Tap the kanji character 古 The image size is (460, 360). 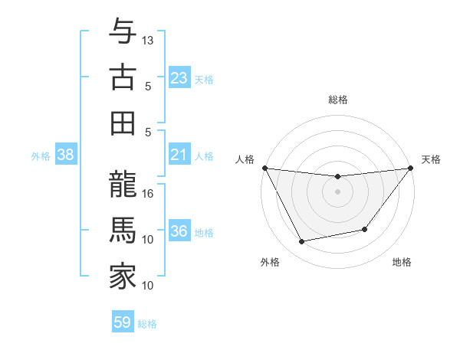pyautogui.click(x=123, y=77)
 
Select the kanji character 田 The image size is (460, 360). pyautogui.click(x=123, y=123)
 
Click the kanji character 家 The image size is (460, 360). pyautogui.click(x=123, y=277)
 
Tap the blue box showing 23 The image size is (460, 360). pyautogui.click(x=179, y=78)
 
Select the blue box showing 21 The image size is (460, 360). pyautogui.click(x=179, y=155)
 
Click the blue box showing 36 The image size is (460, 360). pyautogui.click(x=179, y=231)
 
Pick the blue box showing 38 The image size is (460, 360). pyautogui.click(x=66, y=155)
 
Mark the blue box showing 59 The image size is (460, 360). pyautogui.click(x=123, y=322)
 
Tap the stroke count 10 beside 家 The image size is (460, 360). pyautogui.click(x=149, y=286)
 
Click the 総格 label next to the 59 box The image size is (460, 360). pyautogui.click(x=147, y=324)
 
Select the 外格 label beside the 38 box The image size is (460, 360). pyautogui.click(x=41, y=156)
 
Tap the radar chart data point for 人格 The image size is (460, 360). pyautogui.click(x=265, y=168)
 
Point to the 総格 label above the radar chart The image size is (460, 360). pyautogui.click(x=338, y=100)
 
